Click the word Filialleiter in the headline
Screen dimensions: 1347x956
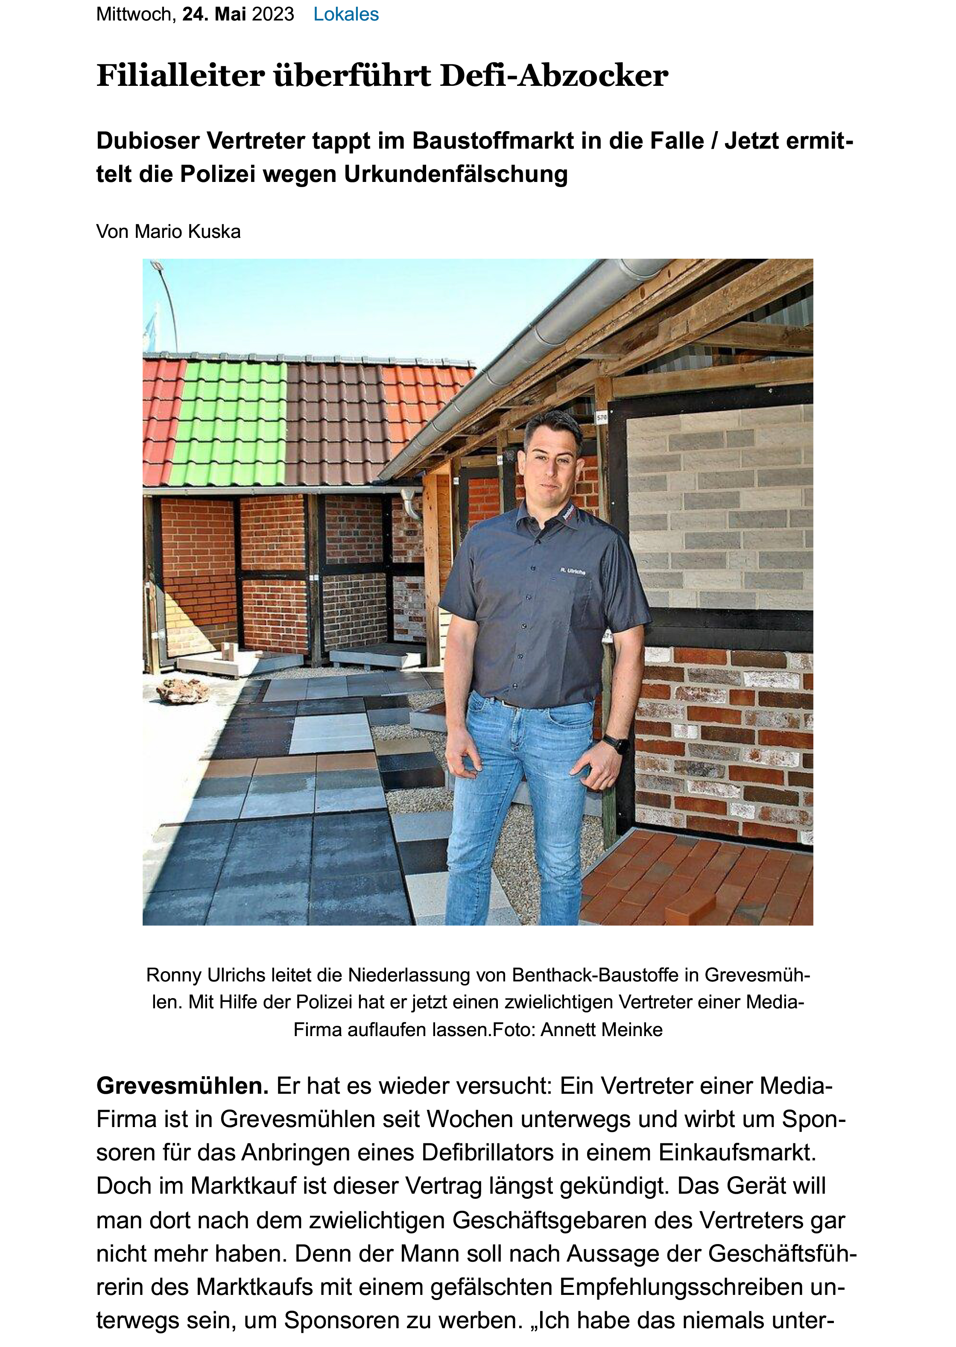[x=180, y=76]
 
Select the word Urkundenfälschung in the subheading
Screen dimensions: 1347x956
[x=456, y=174]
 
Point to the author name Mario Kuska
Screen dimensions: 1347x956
[x=187, y=231]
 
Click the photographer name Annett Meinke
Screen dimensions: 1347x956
[x=601, y=1030]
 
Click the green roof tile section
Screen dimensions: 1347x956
[x=233, y=421]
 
